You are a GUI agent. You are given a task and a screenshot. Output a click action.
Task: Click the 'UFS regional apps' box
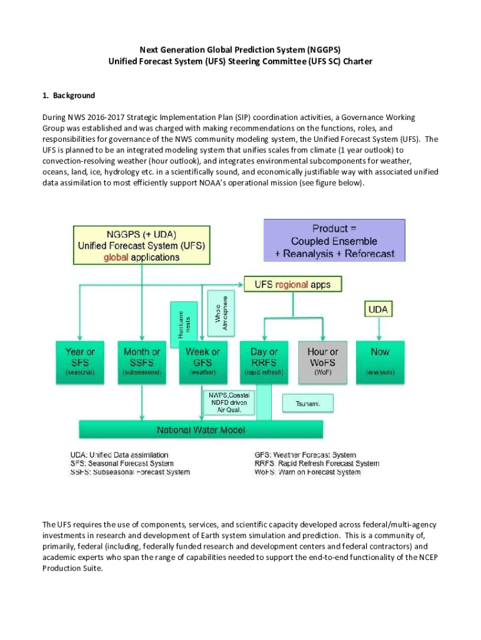(x=292, y=284)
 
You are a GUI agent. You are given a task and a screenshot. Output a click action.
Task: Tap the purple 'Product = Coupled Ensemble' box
(x=334, y=240)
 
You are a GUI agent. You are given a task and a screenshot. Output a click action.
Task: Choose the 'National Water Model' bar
(x=201, y=430)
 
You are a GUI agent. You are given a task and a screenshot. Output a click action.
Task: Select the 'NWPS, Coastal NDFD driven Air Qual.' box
(x=229, y=402)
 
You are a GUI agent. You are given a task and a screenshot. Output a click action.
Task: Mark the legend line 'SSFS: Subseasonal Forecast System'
(x=129, y=472)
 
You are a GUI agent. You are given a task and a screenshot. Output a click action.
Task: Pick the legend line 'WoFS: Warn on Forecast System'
(x=307, y=472)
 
